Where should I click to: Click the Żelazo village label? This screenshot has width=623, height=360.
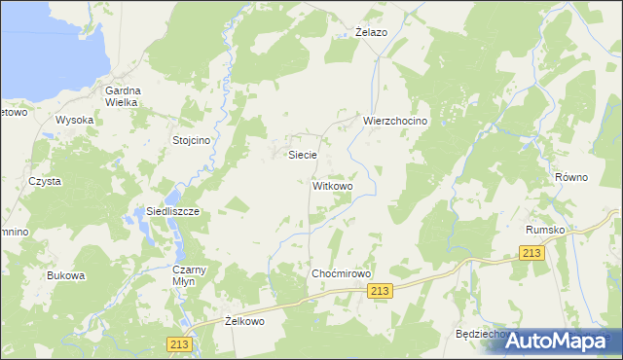371,32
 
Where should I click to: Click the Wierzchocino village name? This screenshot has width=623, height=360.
395,121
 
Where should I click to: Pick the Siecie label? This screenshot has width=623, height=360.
302,155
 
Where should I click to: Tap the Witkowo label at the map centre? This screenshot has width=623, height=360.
332,185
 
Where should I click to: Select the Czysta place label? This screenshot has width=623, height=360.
45,181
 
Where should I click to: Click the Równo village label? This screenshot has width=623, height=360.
572,178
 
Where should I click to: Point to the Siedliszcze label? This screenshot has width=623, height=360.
145,211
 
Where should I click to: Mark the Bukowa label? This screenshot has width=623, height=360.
66,275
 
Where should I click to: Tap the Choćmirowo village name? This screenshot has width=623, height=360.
342,274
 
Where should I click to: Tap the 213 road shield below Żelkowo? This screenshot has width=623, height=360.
181,343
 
